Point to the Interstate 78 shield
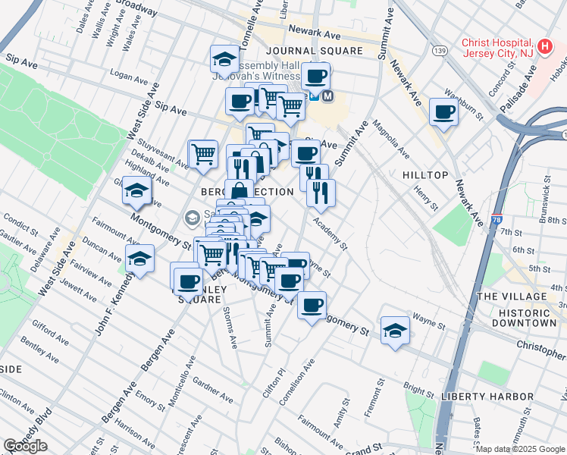(496, 219)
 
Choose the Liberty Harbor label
(489, 397)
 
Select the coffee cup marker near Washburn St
(443, 112)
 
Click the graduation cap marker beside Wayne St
(395, 331)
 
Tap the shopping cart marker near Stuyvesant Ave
(203, 154)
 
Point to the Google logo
(25, 446)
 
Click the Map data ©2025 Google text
(520, 450)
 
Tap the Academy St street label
(331, 234)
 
